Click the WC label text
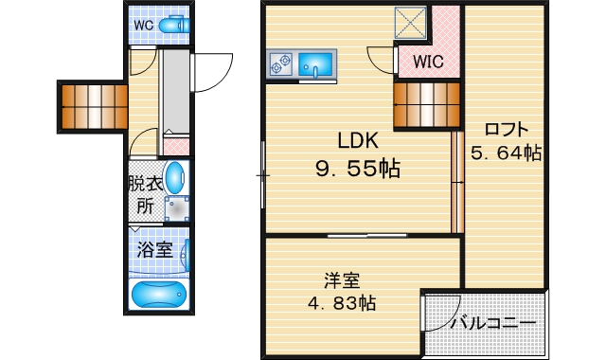click(143, 26)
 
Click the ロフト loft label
click(506, 130)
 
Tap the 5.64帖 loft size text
click(506, 152)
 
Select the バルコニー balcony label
click(492, 323)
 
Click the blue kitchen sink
click(315, 64)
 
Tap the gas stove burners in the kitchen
click(281, 64)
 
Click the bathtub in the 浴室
click(159, 295)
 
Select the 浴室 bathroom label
click(153, 251)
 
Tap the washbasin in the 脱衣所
click(176, 177)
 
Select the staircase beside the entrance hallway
click(94, 105)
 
